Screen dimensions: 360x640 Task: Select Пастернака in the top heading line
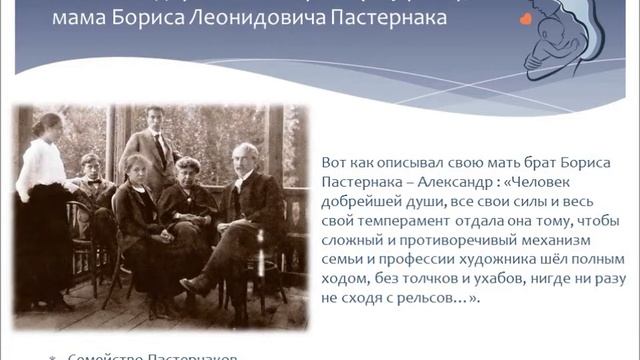[x=391, y=20]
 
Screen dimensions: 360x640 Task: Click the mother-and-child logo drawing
[x=569, y=40]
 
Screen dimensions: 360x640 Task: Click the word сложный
[x=353, y=240]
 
